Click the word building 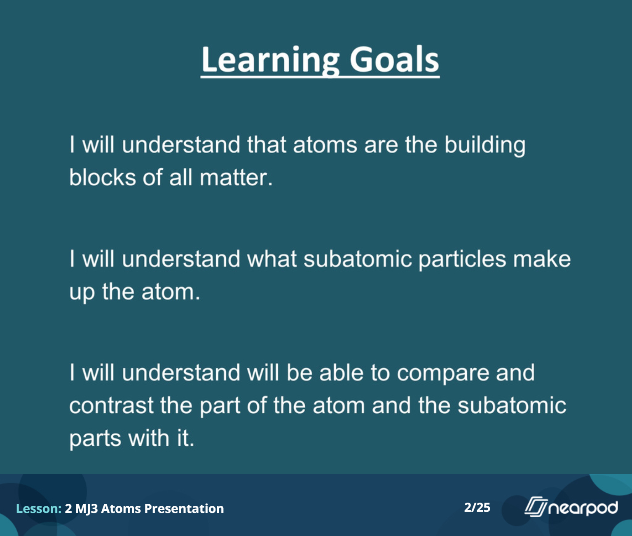pos(485,145)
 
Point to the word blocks pos(103,177)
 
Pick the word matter pos(236,177)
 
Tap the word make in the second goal pos(542,259)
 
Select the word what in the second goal pos(272,259)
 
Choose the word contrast pos(111,406)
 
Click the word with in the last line pos(149,438)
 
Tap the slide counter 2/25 pos(477,508)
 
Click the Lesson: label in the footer pos(39,508)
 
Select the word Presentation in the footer pos(184,508)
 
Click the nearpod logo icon pos(536,507)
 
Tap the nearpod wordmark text pos(583,508)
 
